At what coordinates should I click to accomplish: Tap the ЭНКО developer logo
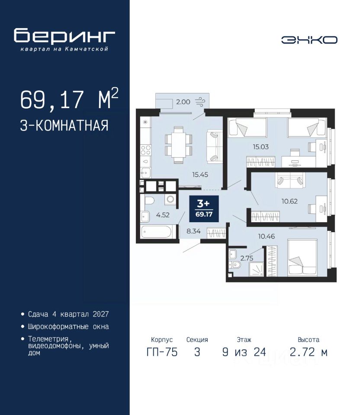click(x=309, y=40)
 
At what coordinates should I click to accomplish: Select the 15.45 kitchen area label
click(x=200, y=175)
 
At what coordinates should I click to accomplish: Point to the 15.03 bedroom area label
click(x=260, y=147)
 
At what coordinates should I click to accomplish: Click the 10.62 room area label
click(x=289, y=201)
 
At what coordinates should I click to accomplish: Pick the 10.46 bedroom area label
click(x=267, y=236)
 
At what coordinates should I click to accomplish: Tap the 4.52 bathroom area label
click(x=163, y=215)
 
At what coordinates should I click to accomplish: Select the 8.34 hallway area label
click(x=193, y=231)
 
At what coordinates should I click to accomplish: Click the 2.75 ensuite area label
click(x=247, y=258)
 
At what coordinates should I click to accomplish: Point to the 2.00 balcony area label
click(x=183, y=102)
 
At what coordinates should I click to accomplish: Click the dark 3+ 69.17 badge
click(x=204, y=208)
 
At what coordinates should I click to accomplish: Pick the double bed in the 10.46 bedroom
click(x=302, y=258)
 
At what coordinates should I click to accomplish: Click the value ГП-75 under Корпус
click(x=162, y=352)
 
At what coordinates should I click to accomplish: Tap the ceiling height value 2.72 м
click(x=309, y=352)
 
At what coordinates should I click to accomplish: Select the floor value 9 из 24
click(x=244, y=352)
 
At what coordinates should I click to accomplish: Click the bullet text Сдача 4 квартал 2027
click(x=68, y=314)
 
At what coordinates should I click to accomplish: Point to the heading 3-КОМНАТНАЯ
click(x=64, y=125)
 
